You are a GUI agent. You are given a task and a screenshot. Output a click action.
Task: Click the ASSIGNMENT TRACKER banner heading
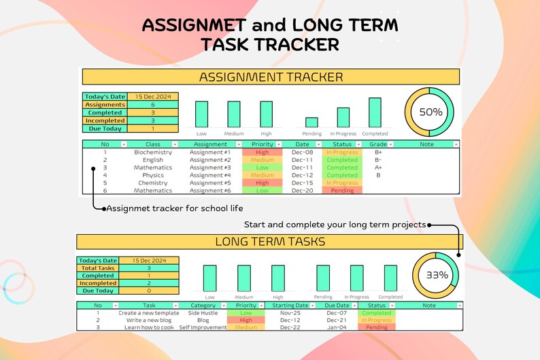pos(270,77)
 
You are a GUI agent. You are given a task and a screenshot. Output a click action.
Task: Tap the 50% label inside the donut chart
pos(431,112)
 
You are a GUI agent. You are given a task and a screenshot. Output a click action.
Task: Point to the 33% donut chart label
pos(437,275)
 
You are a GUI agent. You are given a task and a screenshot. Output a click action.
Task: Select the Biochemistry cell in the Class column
pos(153,152)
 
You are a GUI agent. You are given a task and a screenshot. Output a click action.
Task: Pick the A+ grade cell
pos(378,167)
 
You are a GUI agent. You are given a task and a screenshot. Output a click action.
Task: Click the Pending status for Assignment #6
pos(342,191)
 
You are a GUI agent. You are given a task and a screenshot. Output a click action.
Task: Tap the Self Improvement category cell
pos(203,327)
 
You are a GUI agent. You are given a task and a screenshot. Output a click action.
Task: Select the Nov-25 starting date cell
pos(290,313)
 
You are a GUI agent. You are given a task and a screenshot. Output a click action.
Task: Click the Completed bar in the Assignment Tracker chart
pos(375,112)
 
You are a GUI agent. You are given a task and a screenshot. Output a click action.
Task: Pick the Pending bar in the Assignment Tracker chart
pos(311,122)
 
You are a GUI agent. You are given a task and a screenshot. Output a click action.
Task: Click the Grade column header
pos(378,144)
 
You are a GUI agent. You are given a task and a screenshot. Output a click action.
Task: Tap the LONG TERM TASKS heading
pos(269,242)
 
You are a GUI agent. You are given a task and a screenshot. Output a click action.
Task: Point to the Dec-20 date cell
pos(302,191)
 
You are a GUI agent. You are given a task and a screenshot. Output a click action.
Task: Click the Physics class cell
pos(153,176)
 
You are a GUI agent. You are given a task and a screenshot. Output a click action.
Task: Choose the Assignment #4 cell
pos(210,176)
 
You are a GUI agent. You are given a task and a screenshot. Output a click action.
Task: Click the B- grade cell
pos(378,160)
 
